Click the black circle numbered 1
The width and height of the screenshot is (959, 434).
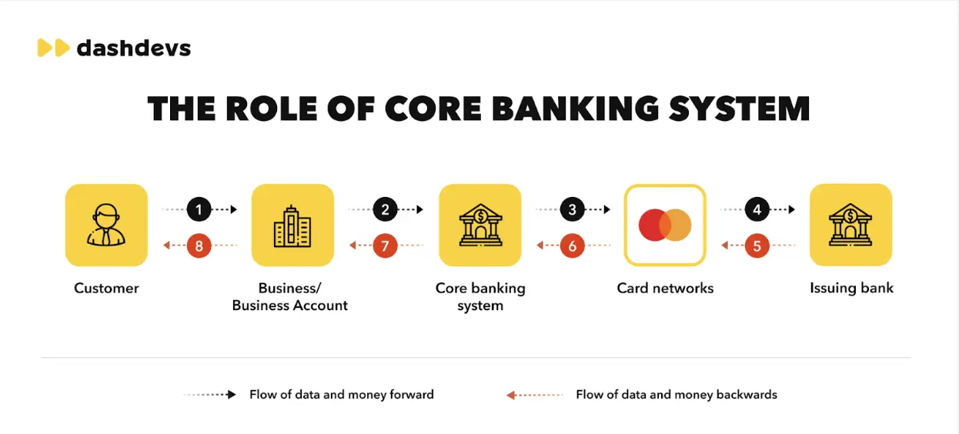coord(199,209)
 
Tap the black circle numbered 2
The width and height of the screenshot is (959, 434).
coord(386,209)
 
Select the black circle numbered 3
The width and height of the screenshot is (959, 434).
coord(572,209)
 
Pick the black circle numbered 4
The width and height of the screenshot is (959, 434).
coord(757,209)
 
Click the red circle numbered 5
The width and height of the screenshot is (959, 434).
coord(757,245)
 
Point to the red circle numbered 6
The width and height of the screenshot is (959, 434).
coord(572,245)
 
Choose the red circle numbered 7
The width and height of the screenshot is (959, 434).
coord(386,245)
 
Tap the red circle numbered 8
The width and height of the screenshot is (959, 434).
coord(199,245)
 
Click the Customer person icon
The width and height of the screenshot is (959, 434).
coord(106,225)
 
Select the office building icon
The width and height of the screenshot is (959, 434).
coord(292,226)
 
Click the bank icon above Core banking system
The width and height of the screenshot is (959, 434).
coord(480,225)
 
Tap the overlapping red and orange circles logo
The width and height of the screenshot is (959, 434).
coord(665,225)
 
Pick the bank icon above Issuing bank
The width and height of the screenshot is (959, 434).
coord(850,225)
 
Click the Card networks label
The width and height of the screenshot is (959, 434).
coord(665,288)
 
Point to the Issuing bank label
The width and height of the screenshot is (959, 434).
coord(851,288)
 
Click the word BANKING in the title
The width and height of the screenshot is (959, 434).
coord(575,108)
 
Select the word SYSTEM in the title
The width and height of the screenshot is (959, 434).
coord(740,108)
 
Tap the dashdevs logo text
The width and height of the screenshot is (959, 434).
coord(134,48)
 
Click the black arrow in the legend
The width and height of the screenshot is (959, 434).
coord(210,394)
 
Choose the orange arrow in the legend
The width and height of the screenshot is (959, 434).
coord(534,395)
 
